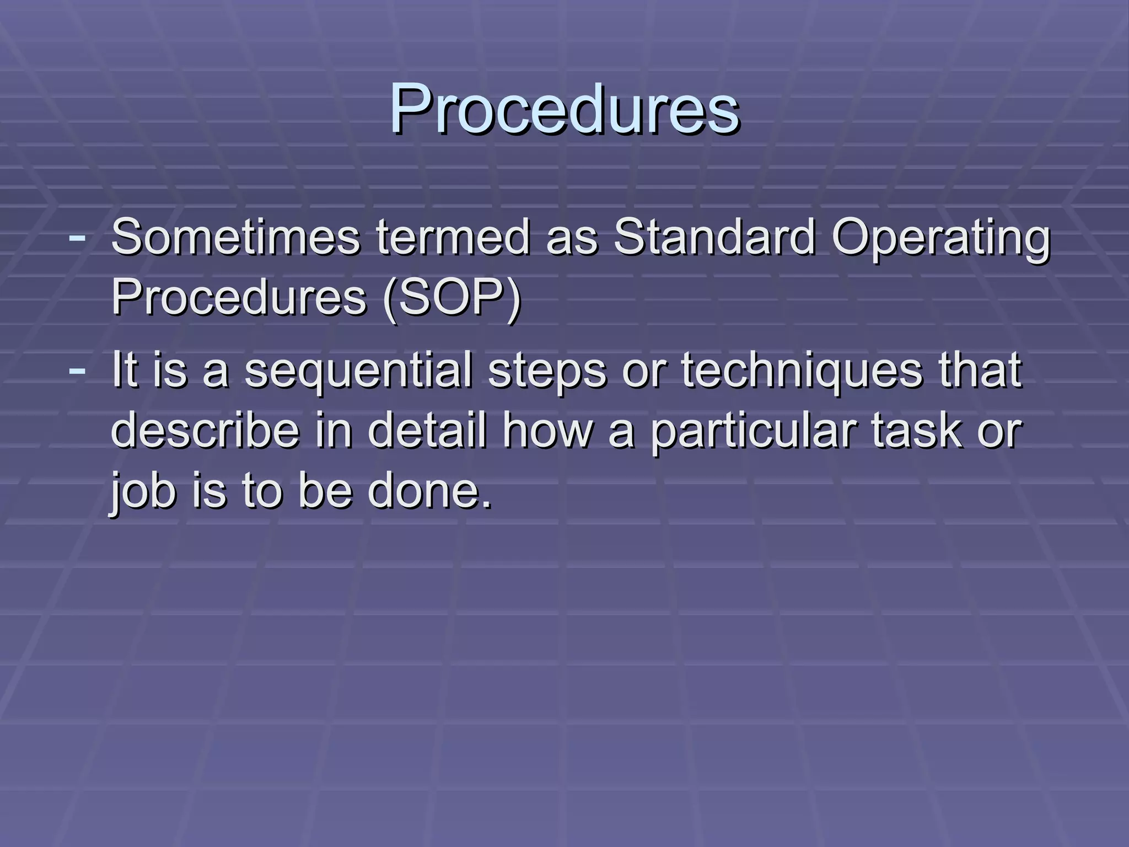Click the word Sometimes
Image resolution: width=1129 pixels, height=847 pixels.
[x=235, y=237]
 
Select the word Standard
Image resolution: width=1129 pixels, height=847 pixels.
[x=714, y=237]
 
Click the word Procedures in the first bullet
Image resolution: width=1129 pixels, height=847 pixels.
[x=239, y=298]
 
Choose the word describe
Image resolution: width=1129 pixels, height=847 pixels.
[x=205, y=431]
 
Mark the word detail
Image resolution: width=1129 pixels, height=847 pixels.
[x=428, y=431]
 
